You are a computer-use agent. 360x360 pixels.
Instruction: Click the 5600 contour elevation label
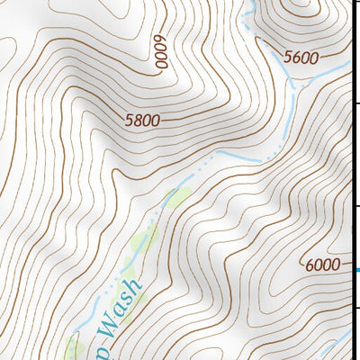pyautogui.click(x=301, y=57)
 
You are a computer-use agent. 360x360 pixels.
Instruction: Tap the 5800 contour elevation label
pyautogui.click(x=144, y=118)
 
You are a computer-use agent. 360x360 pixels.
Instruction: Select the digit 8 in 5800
pyautogui.click(x=138, y=119)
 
